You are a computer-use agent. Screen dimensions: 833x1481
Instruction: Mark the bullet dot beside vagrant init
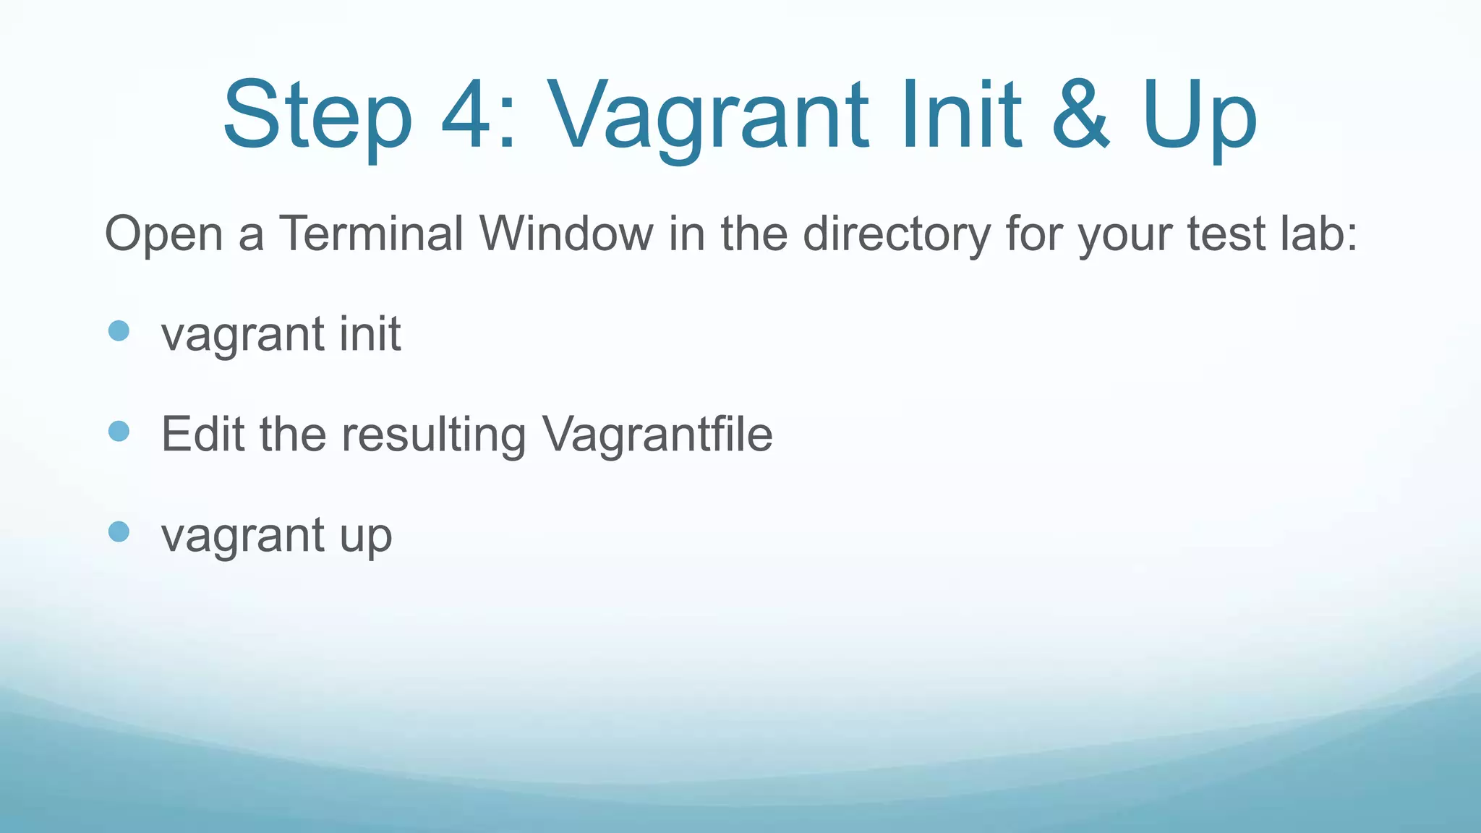[119, 331]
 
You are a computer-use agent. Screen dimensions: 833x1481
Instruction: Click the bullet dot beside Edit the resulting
[119, 432]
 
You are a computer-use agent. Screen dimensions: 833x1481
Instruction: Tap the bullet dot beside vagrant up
[119, 532]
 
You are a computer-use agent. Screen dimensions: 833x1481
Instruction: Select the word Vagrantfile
[657, 435]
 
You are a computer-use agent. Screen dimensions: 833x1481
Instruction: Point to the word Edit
[202, 435]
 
